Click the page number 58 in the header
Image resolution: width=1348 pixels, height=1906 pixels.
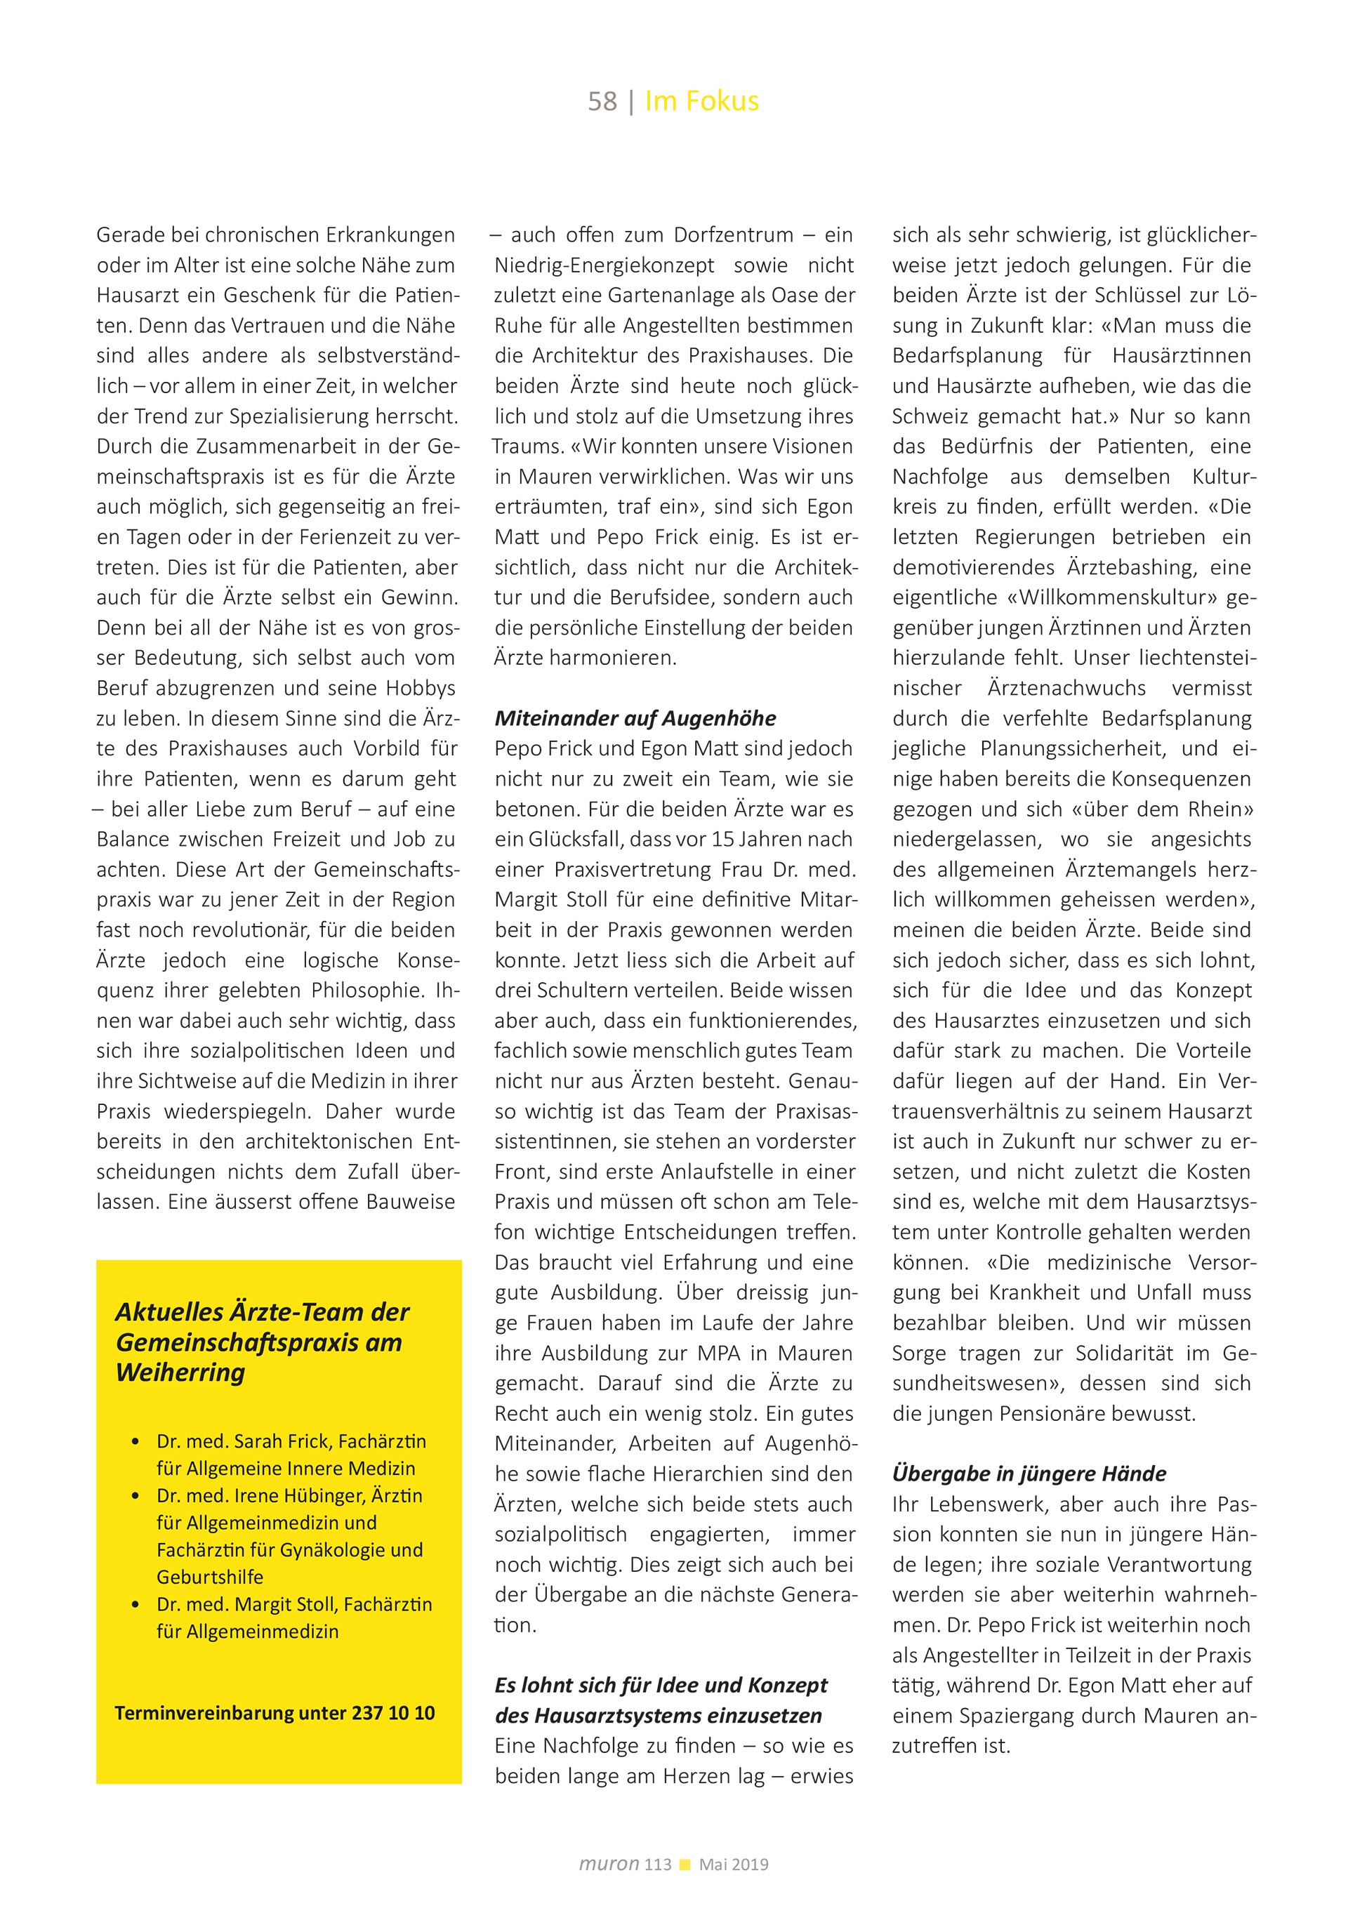[x=602, y=101]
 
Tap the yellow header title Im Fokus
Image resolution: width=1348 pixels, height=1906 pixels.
[x=701, y=101]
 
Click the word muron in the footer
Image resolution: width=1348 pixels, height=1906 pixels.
[x=609, y=1864]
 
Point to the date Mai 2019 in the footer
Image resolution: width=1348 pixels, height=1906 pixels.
[x=734, y=1865]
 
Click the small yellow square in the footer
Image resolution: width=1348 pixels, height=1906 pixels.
[x=685, y=1865]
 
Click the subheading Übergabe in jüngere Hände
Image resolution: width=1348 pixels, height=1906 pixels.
[x=1029, y=1474]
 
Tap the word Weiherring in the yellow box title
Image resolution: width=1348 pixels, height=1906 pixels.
[x=180, y=1372]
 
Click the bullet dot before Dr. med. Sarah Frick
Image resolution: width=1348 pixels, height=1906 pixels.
[x=136, y=1442]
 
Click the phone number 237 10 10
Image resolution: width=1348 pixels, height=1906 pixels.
[x=393, y=1712]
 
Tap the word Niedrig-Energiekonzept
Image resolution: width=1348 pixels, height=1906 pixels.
[x=604, y=265]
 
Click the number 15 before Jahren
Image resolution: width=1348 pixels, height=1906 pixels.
[x=724, y=839]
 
